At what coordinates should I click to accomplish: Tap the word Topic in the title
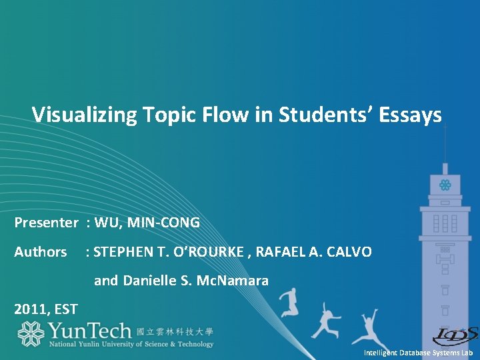(159, 115)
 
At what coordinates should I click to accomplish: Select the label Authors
(41, 252)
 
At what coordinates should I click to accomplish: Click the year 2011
(31, 309)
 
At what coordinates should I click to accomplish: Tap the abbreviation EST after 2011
(67, 309)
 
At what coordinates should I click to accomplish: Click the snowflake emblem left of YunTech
(30, 334)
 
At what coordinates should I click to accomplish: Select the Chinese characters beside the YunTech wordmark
(175, 331)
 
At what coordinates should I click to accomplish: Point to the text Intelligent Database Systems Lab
(418, 352)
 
